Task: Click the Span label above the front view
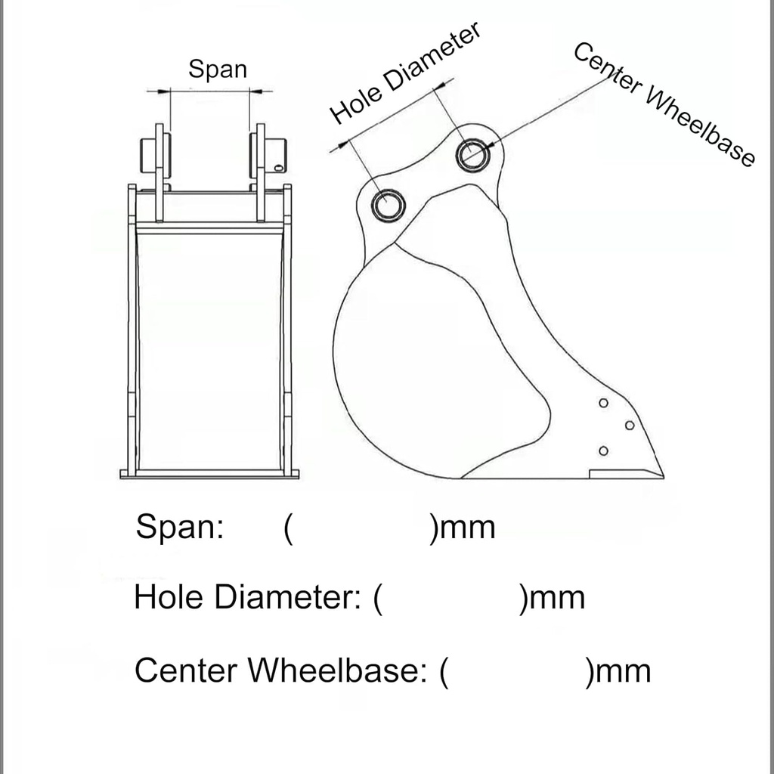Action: point(218,70)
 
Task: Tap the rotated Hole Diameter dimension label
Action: point(406,73)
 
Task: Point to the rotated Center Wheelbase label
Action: point(664,105)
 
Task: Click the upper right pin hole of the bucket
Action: point(473,155)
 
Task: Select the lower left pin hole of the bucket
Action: point(389,204)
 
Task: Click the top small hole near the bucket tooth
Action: point(603,403)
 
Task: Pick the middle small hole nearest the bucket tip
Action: point(629,426)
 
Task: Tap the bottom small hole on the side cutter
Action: point(603,451)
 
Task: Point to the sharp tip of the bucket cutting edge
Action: point(662,476)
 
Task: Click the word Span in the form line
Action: point(179,527)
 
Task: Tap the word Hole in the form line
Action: point(169,598)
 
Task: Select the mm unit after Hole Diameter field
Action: point(557,598)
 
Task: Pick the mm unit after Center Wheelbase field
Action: point(623,670)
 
